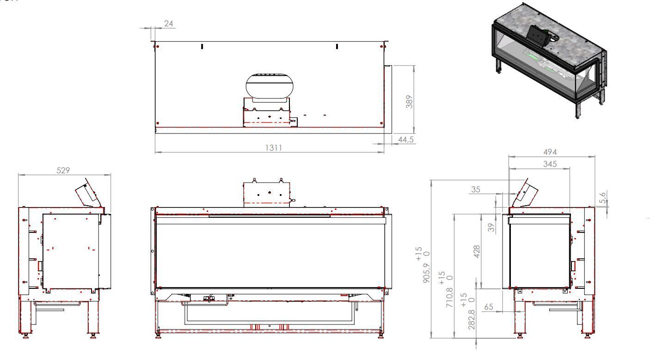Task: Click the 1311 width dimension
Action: pos(273,147)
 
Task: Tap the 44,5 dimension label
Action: pos(405,140)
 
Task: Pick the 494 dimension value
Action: pos(550,152)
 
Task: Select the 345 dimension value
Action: pos(550,164)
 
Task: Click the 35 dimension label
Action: pos(476,189)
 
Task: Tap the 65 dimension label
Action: pos(488,306)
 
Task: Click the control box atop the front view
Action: pos(267,192)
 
